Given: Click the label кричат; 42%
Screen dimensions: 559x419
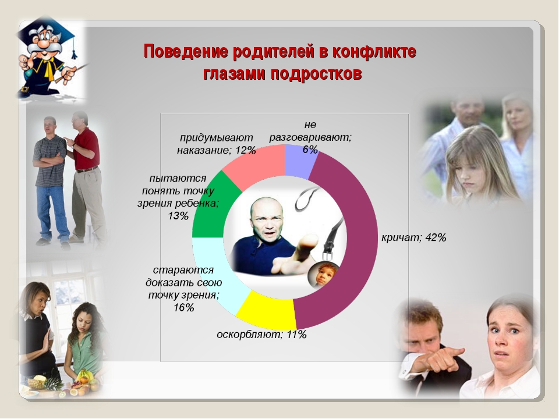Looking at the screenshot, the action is tap(413, 237).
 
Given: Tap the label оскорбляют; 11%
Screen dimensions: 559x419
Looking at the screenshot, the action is tap(261, 335).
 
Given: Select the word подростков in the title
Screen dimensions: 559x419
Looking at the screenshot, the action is tap(316, 74).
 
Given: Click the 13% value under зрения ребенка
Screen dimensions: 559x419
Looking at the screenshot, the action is tap(178, 216).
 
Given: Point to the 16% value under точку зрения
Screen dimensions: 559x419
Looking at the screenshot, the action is tap(184, 307).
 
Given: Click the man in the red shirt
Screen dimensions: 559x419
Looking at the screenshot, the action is tap(86, 178).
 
